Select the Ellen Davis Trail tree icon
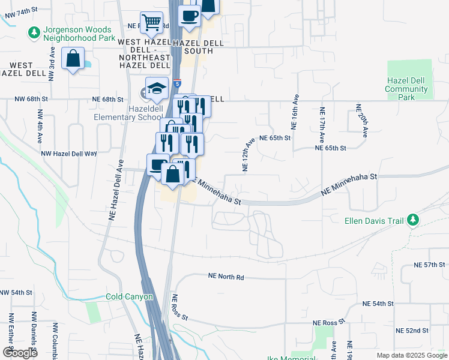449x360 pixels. pyautogui.click(x=412, y=221)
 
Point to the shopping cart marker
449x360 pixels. pyautogui.click(x=152, y=23)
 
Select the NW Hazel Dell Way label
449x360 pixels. pyautogui.click(x=69, y=154)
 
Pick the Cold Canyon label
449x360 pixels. pyautogui.click(x=129, y=296)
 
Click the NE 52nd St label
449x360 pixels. pyautogui.click(x=412, y=331)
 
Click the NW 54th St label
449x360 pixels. pyautogui.click(x=16, y=292)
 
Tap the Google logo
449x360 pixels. pyautogui.click(x=20, y=353)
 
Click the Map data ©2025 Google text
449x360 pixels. pyautogui.click(x=411, y=355)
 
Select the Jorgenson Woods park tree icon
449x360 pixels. pyautogui.click(x=35, y=31)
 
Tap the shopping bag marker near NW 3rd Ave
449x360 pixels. pyautogui.click(x=73, y=59)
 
